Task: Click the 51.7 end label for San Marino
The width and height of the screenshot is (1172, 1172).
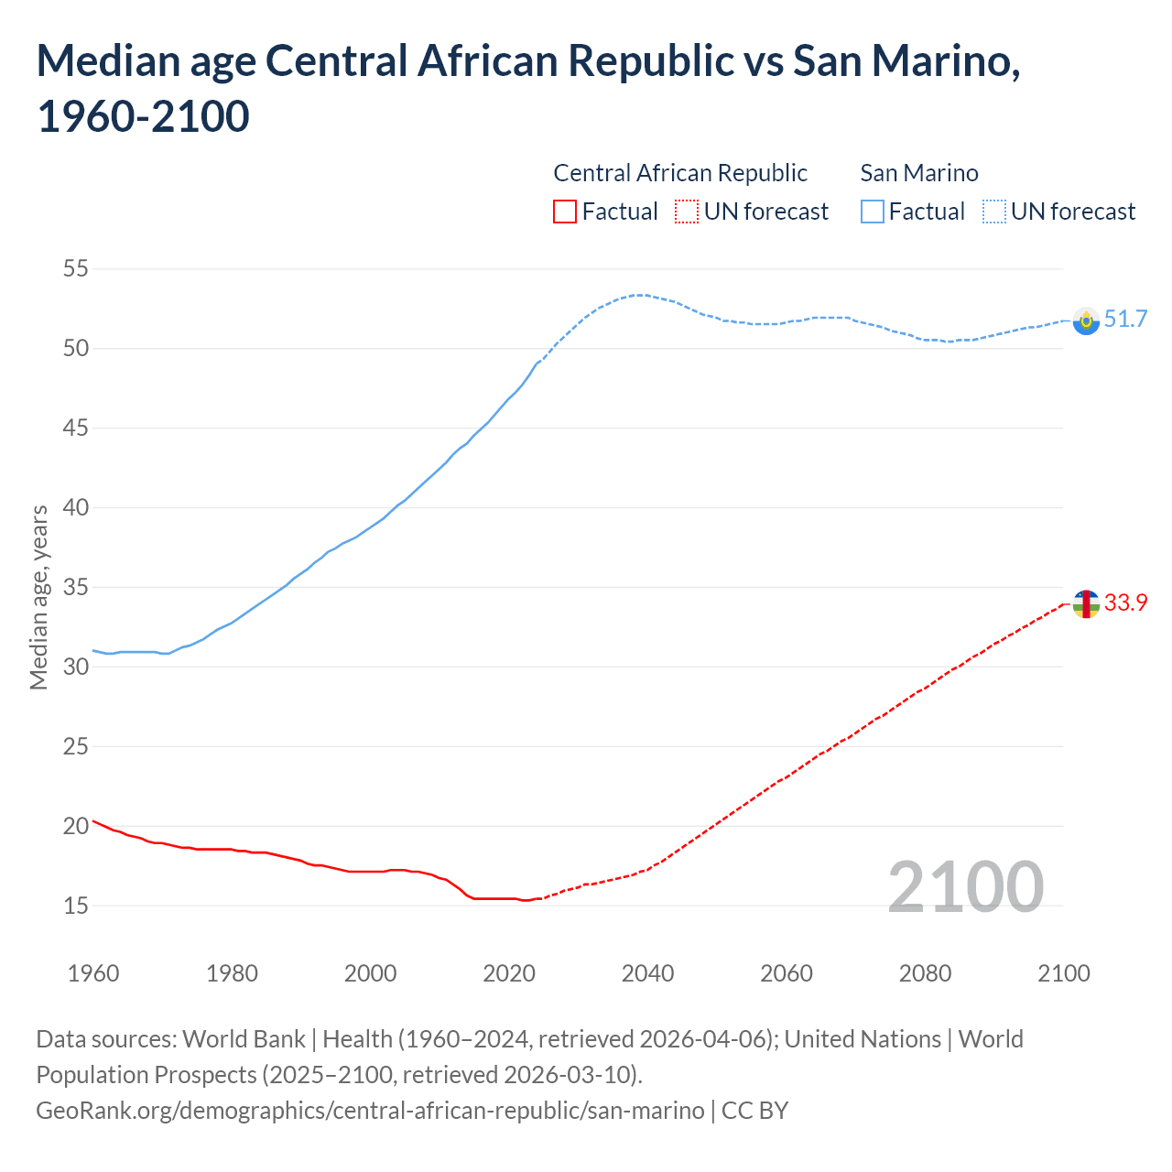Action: point(1125,319)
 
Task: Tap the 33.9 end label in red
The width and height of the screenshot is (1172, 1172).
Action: point(1125,602)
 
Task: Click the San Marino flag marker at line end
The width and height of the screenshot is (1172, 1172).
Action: point(1086,320)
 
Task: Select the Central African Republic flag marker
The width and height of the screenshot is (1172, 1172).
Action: point(1086,604)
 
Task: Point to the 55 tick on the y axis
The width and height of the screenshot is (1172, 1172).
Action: point(76,268)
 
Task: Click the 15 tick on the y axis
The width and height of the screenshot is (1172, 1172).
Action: point(76,906)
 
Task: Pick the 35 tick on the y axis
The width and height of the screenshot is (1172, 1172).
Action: point(76,587)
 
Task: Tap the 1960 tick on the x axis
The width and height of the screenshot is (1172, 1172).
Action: point(93,973)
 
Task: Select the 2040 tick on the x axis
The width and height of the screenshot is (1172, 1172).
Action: point(647,973)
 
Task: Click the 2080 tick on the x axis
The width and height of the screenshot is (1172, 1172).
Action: point(925,973)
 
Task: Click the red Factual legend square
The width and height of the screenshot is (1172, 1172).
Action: point(565,212)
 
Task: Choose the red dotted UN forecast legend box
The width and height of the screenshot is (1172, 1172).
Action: point(687,212)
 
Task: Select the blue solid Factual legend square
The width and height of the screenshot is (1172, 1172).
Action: point(873,212)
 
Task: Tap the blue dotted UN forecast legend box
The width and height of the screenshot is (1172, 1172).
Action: point(994,212)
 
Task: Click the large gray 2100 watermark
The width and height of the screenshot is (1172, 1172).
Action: point(965,886)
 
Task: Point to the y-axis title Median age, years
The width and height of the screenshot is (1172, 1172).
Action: point(38,596)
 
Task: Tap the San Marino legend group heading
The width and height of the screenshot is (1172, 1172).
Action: point(919,173)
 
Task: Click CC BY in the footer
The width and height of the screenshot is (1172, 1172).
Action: point(754,1111)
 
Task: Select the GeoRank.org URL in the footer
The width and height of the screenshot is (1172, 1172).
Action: point(370,1111)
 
